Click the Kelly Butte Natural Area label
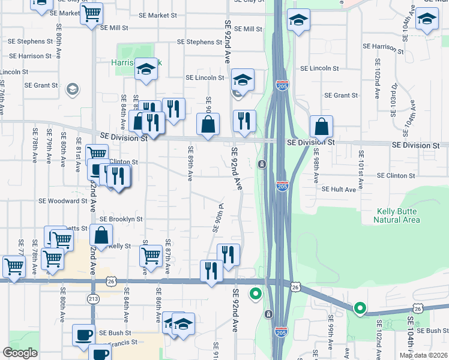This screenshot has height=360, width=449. [397, 215]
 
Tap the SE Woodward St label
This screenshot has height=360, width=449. [63, 201]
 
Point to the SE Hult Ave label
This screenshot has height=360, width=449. [339, 189]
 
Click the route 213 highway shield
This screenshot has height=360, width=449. [93, 298]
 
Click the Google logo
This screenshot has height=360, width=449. [20, 353]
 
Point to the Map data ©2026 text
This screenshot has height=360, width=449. [423, 355]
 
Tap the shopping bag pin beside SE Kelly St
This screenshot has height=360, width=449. [101, 236]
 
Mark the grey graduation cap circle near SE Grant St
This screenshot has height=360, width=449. [72, 89]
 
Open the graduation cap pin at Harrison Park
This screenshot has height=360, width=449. [145, 70]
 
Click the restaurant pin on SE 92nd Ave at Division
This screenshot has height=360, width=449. [244, 121]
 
